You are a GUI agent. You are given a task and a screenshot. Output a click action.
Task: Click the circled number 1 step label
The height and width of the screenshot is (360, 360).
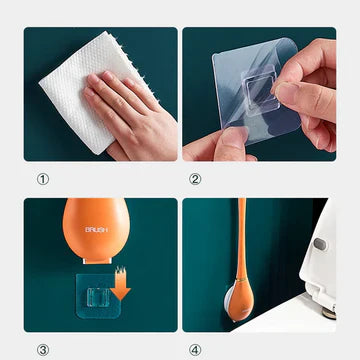coord(43,180)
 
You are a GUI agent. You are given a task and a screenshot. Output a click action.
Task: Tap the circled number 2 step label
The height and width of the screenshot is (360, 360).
coord(196,180)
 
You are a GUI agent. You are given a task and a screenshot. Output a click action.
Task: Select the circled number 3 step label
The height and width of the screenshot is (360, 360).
coord(43,350)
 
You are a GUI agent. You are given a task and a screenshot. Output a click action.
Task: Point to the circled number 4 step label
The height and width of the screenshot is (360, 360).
coord(196,350)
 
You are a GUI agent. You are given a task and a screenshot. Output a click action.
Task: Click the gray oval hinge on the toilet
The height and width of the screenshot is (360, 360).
coord(320,246)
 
